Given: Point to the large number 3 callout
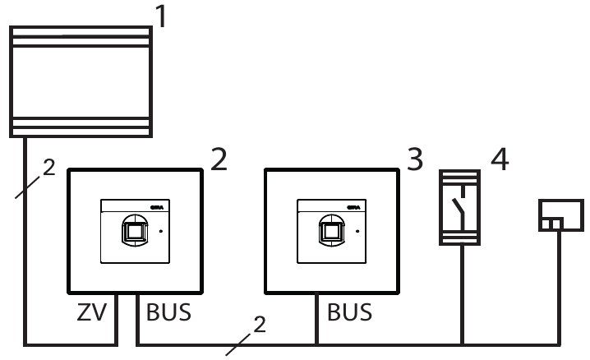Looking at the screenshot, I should pos(415,158).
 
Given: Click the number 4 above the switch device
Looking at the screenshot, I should pos(499,158).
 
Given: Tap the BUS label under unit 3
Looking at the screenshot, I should pos(349,312).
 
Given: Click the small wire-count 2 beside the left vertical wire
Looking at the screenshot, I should pos(49,168).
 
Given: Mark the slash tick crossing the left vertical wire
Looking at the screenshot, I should pos(28,187).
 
